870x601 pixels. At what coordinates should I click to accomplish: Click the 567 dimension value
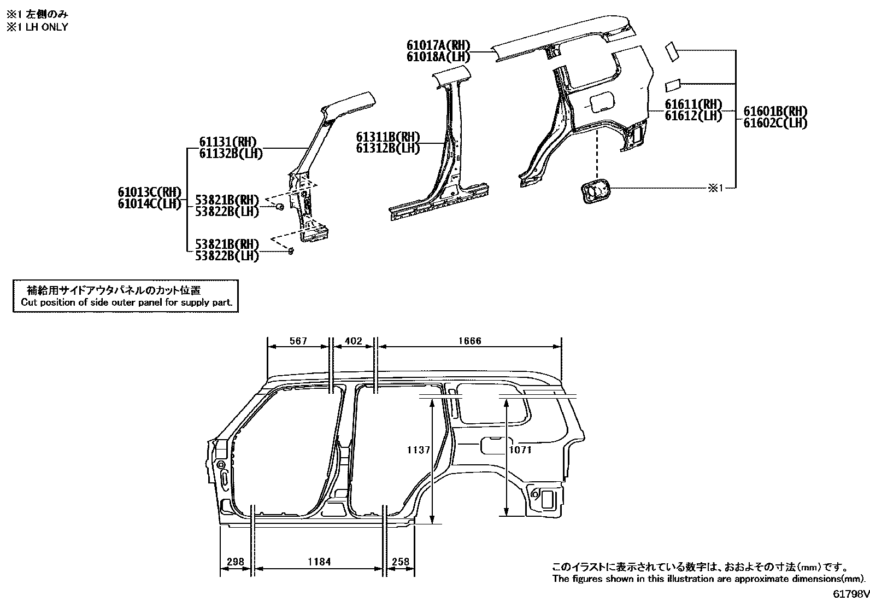pos(298,341)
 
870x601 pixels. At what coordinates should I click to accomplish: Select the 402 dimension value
pos(354,341)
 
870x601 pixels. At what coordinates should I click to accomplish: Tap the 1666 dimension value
pos(469,341)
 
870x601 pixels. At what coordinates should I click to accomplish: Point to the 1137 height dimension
pos(419,450)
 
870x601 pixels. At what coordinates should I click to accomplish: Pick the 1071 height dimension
pos(520,450)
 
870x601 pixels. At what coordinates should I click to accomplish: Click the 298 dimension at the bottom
pos(236,562)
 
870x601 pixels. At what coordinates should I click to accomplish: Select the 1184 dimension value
pos(319,562)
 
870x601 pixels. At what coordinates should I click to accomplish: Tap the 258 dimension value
pos(401,562)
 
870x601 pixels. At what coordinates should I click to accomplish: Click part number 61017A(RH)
pos(438,45)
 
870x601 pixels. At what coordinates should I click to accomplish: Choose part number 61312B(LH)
pos(388,148)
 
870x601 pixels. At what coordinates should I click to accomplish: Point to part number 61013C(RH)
pos(149,192)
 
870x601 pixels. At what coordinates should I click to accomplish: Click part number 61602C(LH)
pos(775,123)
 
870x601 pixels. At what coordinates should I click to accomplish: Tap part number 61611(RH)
pos(693,104)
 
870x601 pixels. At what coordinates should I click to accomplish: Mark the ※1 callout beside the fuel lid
pos(715,188)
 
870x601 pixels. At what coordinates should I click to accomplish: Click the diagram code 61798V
pos(850,593)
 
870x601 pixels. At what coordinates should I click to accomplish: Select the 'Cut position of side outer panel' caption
pos(126,302)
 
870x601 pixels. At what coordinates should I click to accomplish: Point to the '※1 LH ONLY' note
pos(37,27)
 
